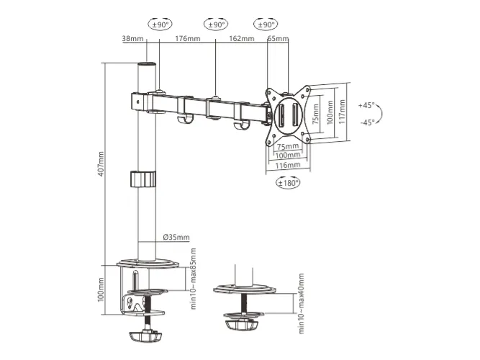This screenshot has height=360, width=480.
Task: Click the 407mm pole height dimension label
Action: coord(101,163)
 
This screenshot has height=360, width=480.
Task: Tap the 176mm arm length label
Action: coord(188,39)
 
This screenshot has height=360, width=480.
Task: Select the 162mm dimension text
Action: coord(242,39)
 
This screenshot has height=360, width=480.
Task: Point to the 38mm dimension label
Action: coord(132,39)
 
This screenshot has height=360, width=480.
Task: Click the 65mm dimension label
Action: coord(278,39)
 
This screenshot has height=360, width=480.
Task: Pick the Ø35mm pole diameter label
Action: coord(176,237)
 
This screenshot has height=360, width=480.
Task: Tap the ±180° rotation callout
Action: coord(288,183)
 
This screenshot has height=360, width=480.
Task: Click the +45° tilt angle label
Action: coord(366,105)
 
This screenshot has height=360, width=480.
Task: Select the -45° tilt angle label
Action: coord(367,122)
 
